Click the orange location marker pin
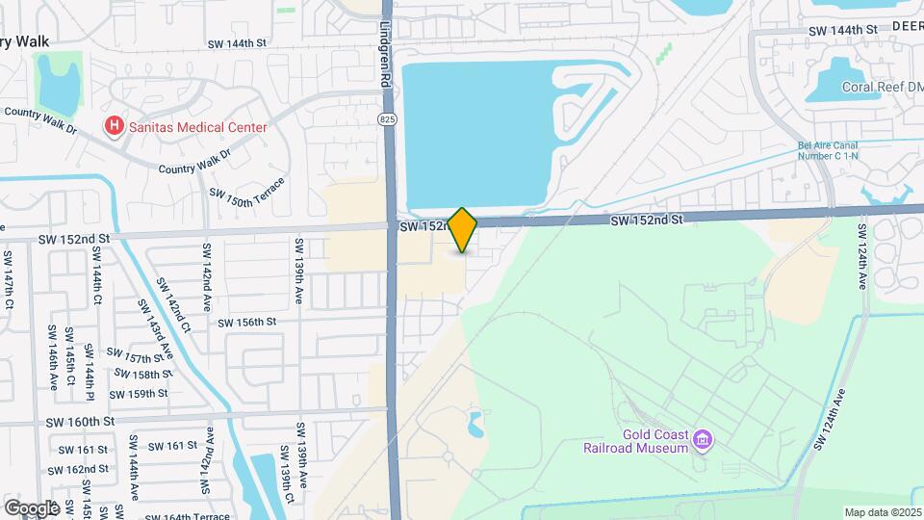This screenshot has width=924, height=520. coord(463,230)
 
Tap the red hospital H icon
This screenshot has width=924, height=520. coord(115,126)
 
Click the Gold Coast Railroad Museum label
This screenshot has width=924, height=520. coord(636,440)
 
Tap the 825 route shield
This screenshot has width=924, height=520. coord(386,118)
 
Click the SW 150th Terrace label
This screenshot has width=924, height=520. coord(248,192)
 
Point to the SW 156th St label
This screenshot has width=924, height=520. coord(247,322)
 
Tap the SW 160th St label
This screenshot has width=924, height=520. coord(80,422)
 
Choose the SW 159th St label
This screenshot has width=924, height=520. coord(139,393)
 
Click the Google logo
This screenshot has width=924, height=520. coord(31,507)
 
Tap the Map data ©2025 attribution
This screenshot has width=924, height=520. coord(883,512)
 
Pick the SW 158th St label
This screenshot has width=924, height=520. coord(137,374)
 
